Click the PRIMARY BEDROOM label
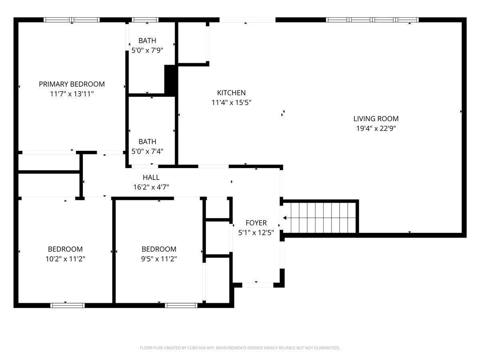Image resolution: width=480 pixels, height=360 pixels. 72,84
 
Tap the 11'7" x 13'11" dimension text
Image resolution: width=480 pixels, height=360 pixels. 72,94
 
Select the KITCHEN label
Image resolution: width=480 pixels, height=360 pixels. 231,93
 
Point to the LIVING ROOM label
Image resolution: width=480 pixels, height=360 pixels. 376,118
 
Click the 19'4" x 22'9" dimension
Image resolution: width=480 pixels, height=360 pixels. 376,128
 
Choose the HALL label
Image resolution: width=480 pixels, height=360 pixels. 151,177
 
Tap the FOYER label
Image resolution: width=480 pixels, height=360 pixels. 256,223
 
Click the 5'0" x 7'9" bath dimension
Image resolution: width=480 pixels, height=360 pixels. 147,50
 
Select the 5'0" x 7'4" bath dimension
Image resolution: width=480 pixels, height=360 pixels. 147,152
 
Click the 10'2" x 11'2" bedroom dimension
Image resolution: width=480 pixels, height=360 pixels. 65,259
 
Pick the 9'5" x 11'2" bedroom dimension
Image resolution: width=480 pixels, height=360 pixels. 159,259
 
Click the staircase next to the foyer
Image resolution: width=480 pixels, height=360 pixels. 320,218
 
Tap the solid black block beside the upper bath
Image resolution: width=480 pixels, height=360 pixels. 171,80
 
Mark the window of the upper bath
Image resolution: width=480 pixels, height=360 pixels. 145,20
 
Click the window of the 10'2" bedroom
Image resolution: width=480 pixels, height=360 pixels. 67,305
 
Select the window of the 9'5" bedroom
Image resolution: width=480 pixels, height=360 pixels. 181,305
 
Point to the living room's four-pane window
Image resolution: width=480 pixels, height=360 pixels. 372,20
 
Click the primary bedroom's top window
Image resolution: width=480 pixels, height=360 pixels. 72,20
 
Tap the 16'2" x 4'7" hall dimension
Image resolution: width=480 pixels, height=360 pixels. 151,187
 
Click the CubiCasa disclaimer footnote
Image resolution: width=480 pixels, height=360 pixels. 240,348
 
